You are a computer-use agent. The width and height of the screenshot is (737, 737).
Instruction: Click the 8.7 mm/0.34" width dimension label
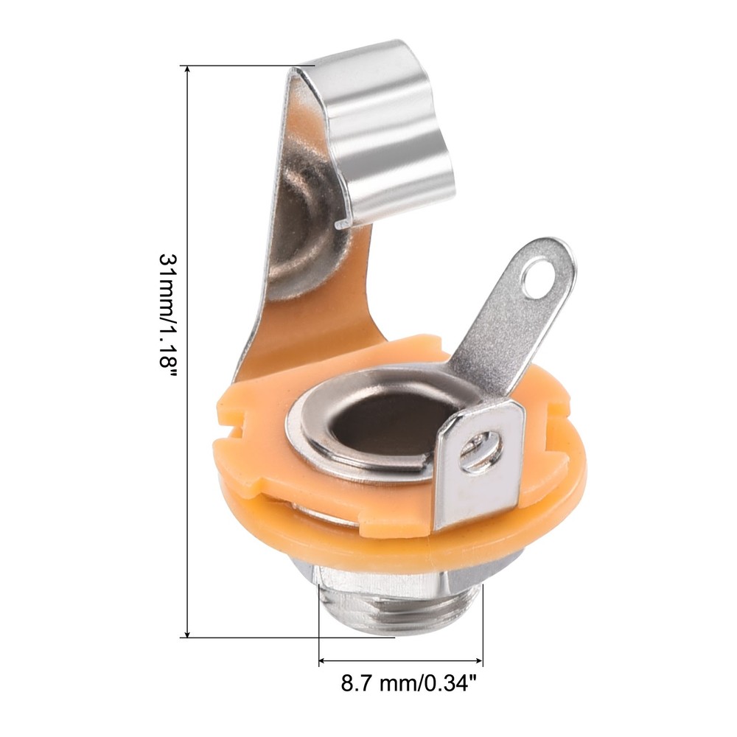(405, 683)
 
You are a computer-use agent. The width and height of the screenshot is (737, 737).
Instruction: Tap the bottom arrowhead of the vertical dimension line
(187, 632)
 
